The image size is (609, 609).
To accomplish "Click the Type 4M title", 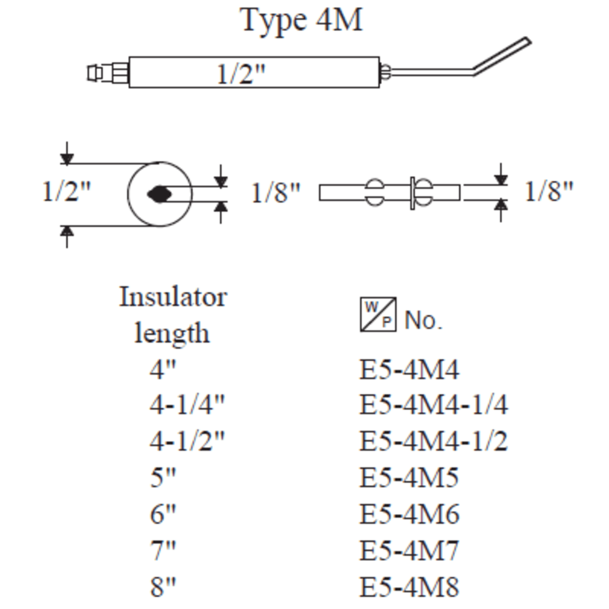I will click(301, 20).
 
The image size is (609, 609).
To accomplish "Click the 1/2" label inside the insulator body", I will click(241, 74).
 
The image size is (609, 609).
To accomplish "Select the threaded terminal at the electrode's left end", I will click(107, 73).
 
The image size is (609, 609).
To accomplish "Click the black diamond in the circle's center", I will click(159, 194).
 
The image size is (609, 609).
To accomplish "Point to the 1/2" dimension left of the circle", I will click(67, 192).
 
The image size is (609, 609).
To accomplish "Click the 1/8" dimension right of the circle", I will click(275, 193).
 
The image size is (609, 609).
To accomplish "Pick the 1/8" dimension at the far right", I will click(549, 192).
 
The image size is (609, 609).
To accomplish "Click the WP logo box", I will click(378, 314).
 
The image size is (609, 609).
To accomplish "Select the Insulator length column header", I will click(173, 315).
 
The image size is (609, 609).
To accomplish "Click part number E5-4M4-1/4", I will click(433, 405).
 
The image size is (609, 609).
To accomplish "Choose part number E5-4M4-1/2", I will click(433, 441).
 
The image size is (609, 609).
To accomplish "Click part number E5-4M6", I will click(409, 514).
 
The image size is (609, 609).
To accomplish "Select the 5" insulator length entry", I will click(163, 478).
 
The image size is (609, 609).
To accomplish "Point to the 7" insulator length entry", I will click(163, 550).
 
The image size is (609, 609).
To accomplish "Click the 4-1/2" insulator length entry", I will click(187, 441).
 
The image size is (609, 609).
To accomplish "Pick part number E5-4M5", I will click(409, 478).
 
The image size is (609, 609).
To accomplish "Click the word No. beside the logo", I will click(423, 320).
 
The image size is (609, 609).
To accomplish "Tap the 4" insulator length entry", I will click(163, 369).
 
